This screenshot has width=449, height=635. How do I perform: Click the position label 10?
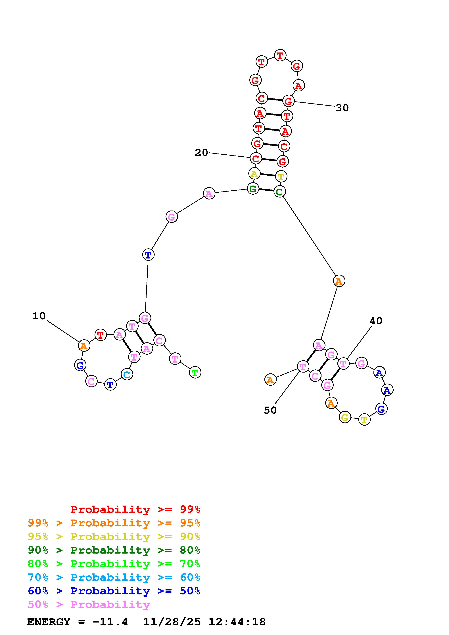[x=39, y=316]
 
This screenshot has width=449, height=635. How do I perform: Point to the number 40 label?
[x=376, y=321]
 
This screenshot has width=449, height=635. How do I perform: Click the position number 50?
[x=270, y=410]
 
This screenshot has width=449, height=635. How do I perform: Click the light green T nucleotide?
[x=195, y=373]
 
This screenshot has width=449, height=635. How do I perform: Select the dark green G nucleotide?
[x=253, y=189]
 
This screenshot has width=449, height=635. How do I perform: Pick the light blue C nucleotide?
[x=127, y=375]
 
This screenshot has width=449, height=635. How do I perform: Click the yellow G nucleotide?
[x=345, y=417]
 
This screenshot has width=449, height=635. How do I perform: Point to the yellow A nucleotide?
[x=254, y=174]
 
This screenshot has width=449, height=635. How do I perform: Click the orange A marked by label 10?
[x=84, y=346]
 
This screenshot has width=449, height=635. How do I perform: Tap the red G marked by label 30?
[x=288, y=101]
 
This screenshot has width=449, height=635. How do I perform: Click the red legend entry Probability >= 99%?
[x=135, y=509]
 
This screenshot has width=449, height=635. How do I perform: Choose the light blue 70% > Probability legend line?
[x=114, y=577]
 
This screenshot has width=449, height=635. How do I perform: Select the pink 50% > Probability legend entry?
[x=89, y=605]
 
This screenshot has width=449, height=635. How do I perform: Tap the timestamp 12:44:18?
[x=237, y=622]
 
